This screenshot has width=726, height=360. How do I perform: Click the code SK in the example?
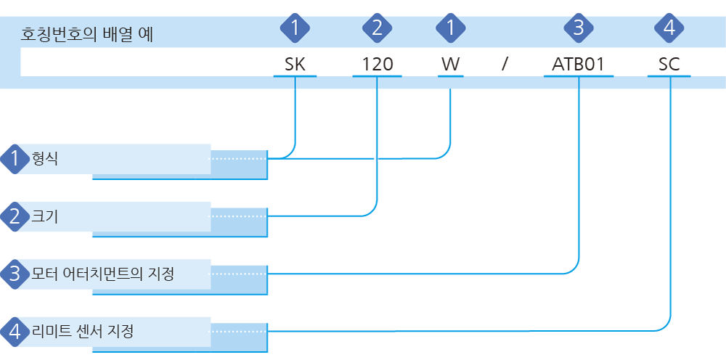click(295, 65)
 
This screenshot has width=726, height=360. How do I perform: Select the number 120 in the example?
click(377, 65)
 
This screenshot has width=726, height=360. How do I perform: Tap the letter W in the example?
click(450, 65)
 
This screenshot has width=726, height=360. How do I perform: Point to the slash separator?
click(505, 65)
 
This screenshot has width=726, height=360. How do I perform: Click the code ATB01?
click(579, 65)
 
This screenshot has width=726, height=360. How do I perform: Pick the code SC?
click(669, 65)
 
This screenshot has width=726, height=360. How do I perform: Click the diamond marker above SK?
click(295, 29)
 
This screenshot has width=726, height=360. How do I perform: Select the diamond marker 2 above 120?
click(377, 29)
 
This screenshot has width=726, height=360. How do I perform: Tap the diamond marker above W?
click(450, 29)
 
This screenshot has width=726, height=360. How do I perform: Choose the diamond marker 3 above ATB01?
click(579, 29)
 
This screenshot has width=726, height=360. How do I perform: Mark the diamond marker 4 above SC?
click(669, 29)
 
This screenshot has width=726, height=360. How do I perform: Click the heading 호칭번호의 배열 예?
click(87, 35)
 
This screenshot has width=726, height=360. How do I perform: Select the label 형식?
click(44, 159)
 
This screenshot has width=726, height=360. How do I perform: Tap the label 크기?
click(44, 216)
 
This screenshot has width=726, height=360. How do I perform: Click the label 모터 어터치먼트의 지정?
click(102, 274)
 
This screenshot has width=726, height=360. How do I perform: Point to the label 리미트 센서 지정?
click(83, 331)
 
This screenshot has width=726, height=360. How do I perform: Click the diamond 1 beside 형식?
click(15, 159)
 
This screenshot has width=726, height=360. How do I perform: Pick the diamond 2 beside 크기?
click(15, 216)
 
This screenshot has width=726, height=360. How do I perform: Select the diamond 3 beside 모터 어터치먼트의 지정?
click(15, 274)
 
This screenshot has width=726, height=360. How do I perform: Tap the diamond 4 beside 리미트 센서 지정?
click(15, 331)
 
